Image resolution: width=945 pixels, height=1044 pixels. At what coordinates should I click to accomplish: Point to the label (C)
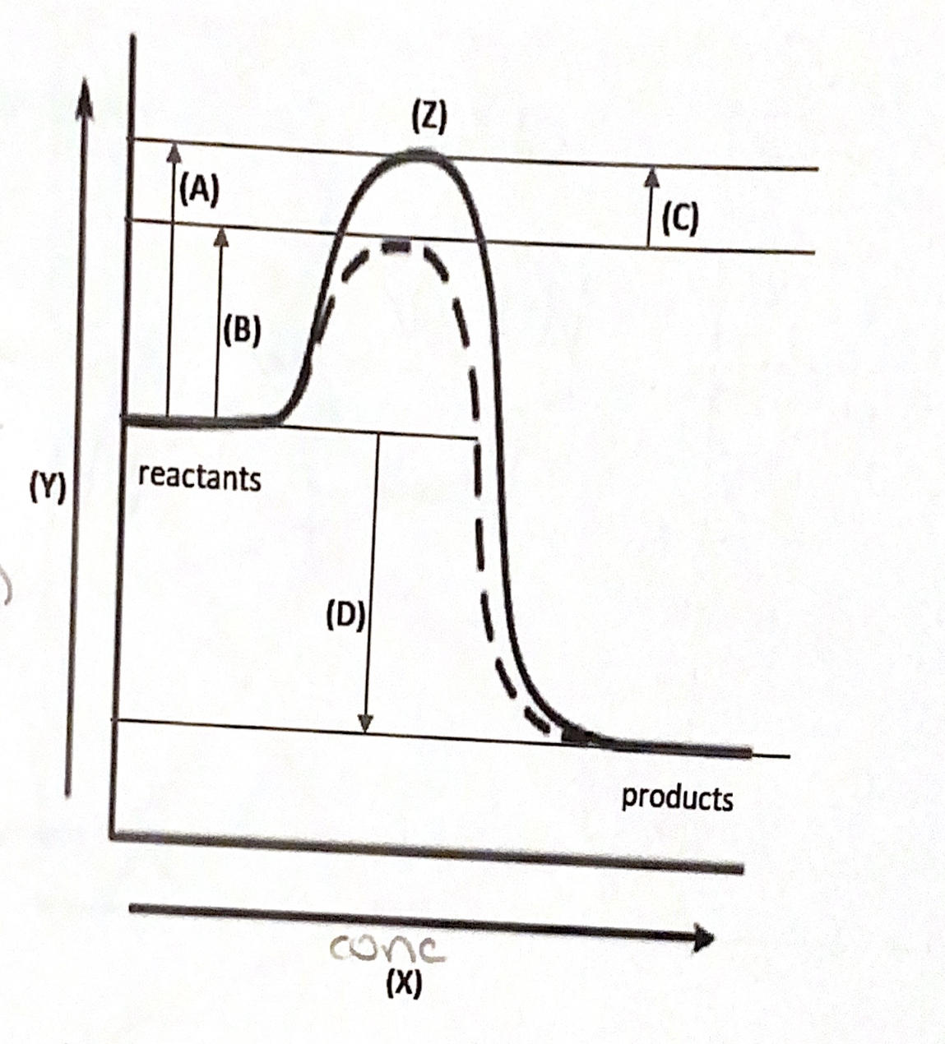(x=679, y=219)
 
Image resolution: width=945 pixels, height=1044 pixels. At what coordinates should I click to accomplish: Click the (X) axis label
(x=403, y=983)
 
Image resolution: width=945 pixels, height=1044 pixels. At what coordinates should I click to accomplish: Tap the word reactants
(x=200, y=477)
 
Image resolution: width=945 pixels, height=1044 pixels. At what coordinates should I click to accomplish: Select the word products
(x=677, y=797)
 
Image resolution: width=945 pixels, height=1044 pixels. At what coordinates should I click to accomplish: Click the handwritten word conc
(x=387, y=951)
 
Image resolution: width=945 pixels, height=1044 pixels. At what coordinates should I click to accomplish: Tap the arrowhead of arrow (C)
(x=652, y=174)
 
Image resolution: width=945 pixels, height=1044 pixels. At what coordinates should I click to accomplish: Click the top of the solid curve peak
(x=415, y=153)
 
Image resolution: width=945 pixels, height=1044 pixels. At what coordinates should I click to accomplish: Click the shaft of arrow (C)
(x=651, y=214)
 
